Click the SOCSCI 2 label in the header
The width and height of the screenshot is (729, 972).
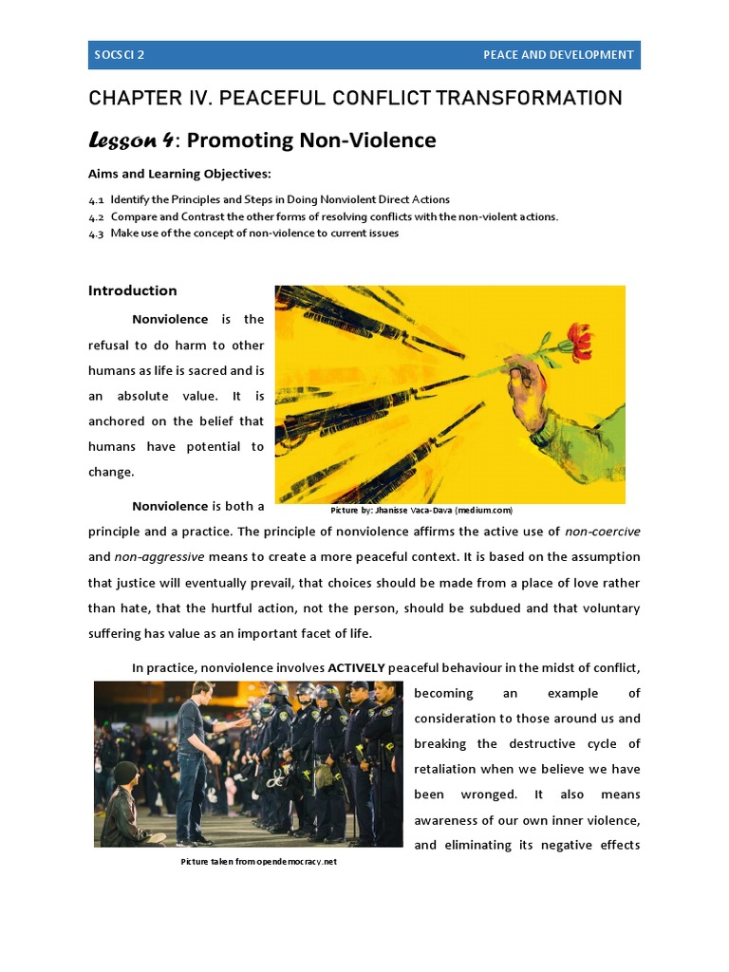coord(119,55)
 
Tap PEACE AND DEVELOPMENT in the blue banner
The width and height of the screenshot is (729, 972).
coord(557,55)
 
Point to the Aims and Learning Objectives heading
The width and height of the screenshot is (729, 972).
coord(179,173)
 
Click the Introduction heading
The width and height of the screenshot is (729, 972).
coord(132,290)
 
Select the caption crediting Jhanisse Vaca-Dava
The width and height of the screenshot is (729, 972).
coord(421,511)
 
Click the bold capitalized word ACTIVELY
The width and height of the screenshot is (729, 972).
coord(356,668)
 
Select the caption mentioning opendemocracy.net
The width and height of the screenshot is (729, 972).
coord(258,862)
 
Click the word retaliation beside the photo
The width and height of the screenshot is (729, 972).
coord(449,769)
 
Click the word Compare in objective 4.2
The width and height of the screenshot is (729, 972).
coord(133,216)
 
